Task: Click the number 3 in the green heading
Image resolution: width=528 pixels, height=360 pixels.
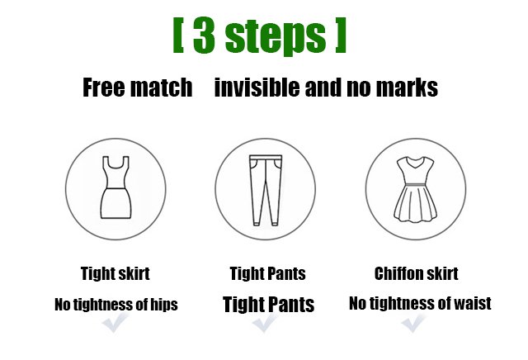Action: (204, 36)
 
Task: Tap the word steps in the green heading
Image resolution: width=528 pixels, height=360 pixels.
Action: (276, 36)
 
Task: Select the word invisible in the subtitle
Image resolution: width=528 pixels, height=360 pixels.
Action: (257, 87)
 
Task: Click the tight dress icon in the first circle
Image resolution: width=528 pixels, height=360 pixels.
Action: (115, 187)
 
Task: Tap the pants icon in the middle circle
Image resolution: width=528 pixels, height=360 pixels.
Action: (266, 190)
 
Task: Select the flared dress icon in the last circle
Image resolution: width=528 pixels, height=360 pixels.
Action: (416, 190)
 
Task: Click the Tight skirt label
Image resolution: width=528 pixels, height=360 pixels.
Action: (115, 273)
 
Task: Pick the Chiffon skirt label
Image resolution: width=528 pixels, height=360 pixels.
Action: (416, 273)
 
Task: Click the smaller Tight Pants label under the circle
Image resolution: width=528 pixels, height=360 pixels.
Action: (267, 273)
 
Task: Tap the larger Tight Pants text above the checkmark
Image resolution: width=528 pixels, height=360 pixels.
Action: (268, 304)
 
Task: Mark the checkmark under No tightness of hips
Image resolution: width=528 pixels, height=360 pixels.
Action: (115, 322)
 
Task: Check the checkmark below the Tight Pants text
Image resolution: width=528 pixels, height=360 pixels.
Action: (265, 323)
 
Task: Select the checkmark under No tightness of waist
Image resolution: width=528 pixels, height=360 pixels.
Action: (413, 323)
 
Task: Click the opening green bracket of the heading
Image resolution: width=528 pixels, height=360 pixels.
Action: (178, 35)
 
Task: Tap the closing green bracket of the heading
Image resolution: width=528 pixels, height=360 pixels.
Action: (341, 35)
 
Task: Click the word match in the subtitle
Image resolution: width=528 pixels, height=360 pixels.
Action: (162, 88)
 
